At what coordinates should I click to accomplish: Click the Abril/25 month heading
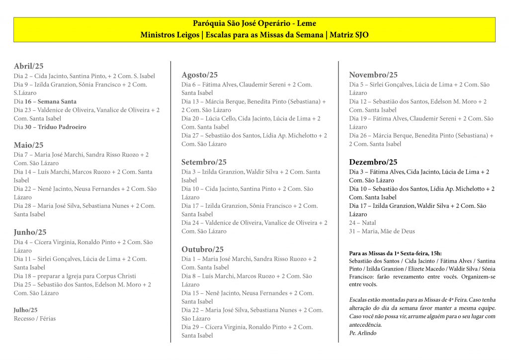point(28,66)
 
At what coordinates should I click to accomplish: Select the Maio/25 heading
point(28,145)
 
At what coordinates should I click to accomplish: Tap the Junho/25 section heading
point(30,232)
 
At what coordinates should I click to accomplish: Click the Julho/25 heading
point(25,310)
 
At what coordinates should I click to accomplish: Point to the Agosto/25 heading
point(199,75)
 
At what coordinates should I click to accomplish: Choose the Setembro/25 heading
point(204,162)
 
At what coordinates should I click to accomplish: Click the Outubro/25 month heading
point(202,250)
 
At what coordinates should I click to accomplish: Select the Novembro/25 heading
point(373,75)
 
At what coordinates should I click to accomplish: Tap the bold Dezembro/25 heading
point(373,162)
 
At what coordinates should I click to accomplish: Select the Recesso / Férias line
point(35,318)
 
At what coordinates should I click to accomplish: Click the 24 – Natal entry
point(362,223)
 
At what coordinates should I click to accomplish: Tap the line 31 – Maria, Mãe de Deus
point(382,231)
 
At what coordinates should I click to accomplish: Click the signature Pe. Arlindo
point(363,333)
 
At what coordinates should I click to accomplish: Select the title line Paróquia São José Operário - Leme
point(254,23)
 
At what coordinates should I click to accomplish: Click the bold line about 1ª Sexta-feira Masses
point(395,254)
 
